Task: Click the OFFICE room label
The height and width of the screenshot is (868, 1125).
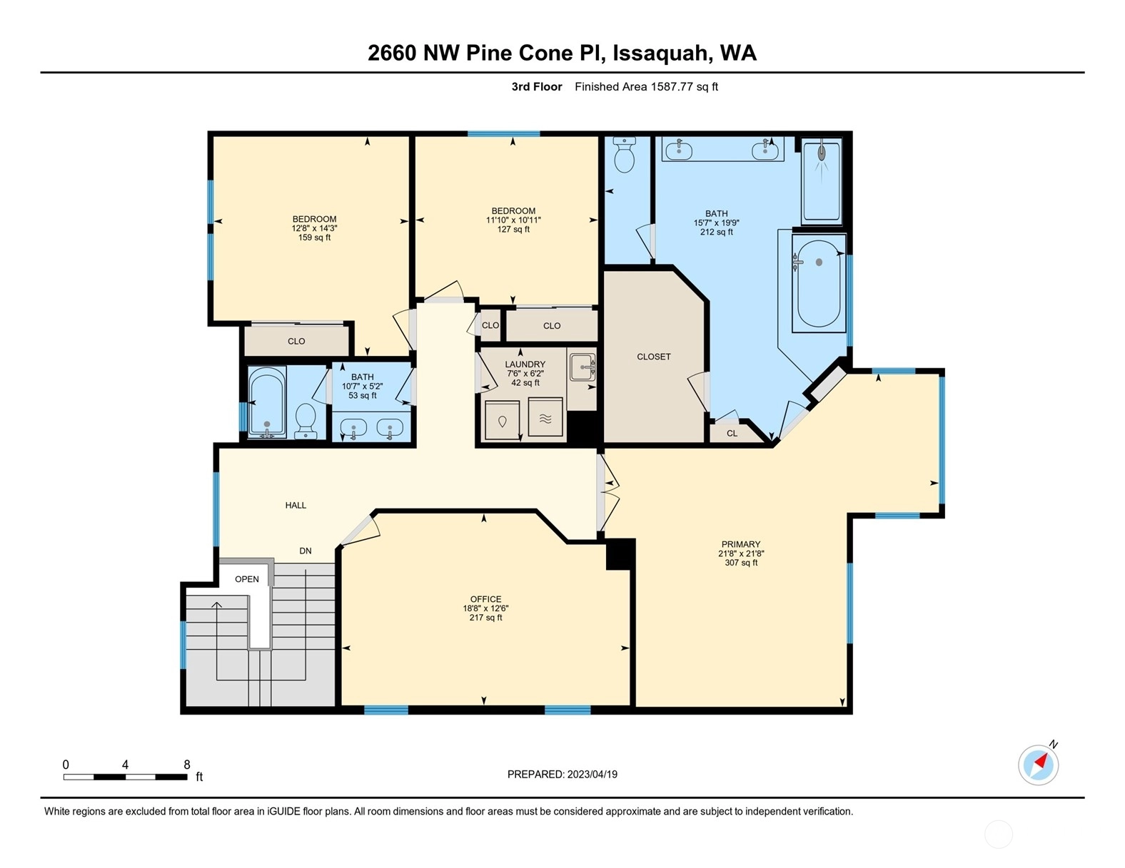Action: click(x=485, y=599)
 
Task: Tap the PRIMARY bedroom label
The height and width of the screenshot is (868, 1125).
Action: click(x=741, y=544)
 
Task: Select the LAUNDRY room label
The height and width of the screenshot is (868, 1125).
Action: click(x=525, y=364)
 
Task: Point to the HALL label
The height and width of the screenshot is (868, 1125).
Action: click(x=296, y=506)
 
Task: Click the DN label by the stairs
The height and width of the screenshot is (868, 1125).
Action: click(x=306, y=551)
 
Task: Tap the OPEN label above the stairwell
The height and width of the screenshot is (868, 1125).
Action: click(x=247, y=579)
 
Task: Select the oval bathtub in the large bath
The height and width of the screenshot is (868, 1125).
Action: click(x=819, y=283)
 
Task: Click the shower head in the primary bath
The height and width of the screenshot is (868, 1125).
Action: click(x=822, y=153)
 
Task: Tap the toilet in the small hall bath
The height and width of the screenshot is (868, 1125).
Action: click(x=306, y=421)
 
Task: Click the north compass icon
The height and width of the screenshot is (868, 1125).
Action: click(x=1039, y=765)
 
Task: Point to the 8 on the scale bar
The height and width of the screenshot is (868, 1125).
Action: click(x=187, y=765)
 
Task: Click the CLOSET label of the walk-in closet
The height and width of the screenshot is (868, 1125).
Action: click(x=654, y=357)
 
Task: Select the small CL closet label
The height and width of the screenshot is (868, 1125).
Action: click(x=732, y=434)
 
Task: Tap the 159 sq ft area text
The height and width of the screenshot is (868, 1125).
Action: click(x=314, y=238)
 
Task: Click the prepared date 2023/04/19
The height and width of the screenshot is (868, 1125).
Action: click(x=592, y=775)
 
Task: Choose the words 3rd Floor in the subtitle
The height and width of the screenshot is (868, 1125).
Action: click(x=537, y=87)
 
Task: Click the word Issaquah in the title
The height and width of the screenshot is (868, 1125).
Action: click(x=660, y=53)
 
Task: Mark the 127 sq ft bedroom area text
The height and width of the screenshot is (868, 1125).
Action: click(x=513, y=229)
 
